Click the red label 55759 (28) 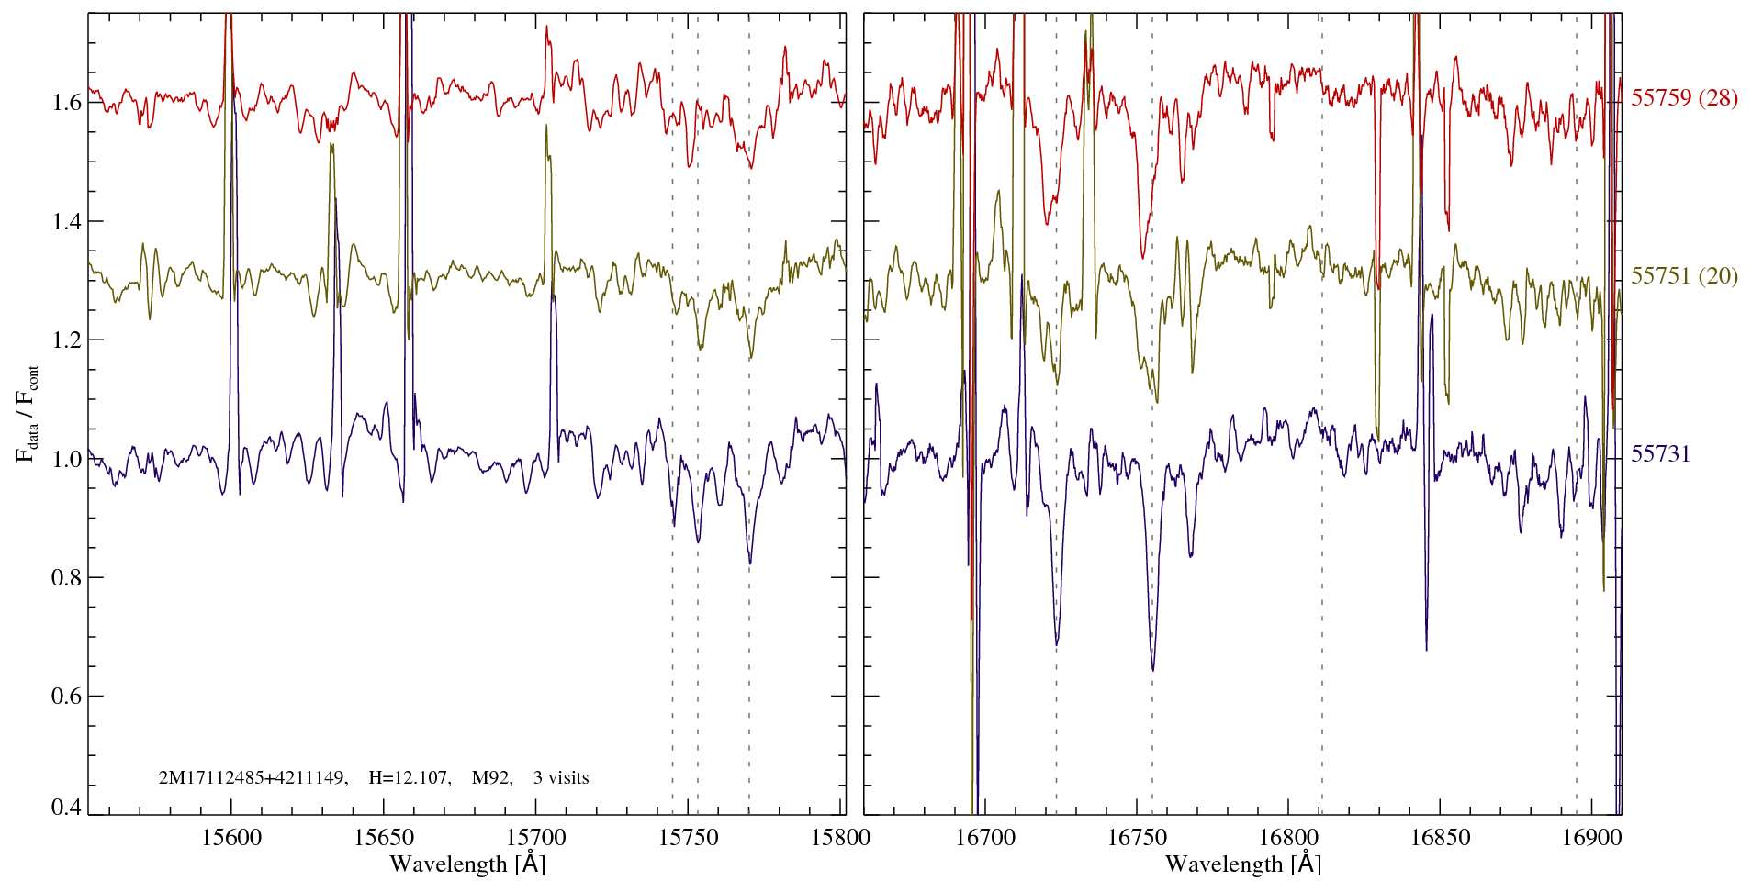(x=1684, y=98)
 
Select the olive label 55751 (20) (x=1684, y=276)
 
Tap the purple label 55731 (x=1660, y=454)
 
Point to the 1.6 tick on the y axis (x=66, y=102)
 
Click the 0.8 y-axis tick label (x=66, y=577)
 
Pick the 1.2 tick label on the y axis (x=66, y=340)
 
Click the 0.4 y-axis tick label (x=66, y=808)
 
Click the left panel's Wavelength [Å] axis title (x=467, y=864)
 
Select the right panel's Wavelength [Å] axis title (x=1243, y=864)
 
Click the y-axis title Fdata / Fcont (x=28, y=413)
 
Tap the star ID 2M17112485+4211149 (x=253, y=778)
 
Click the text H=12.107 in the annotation (x=409, y=778)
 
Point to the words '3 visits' (x=561, y=778)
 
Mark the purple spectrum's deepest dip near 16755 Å (x=1153, y=668)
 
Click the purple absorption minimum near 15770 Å (x=750, y=563)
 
